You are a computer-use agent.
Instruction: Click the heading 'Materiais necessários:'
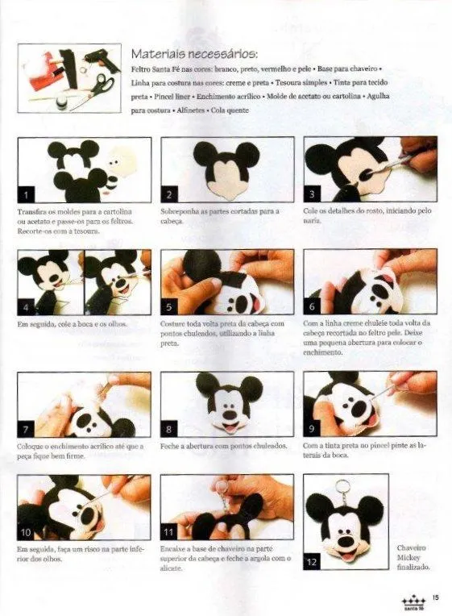tap(193, 55)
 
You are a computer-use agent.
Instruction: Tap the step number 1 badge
tap(27, 194)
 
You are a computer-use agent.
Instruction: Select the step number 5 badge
tap(169, 306)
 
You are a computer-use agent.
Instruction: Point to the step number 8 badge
tap(169, 429)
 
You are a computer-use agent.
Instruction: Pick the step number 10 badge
tap(27, 532)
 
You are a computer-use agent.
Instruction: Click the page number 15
tap(434, 597)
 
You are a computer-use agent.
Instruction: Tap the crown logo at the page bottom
tap(413, 600)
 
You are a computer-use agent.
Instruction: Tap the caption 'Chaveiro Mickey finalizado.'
tap(413, 557)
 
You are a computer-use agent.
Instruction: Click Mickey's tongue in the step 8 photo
tap(229, 429)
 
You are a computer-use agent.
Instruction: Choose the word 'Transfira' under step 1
tap(32, 211)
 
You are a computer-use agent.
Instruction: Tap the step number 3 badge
tap(313, 194)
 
